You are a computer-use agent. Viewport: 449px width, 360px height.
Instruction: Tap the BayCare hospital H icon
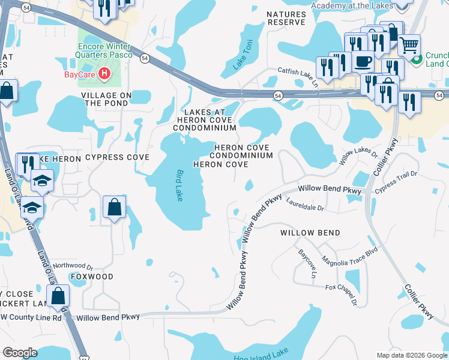[105, 74]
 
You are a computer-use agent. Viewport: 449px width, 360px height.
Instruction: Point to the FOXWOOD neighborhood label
[91, 277]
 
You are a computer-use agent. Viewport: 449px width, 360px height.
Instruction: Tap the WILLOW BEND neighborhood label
[310, 232]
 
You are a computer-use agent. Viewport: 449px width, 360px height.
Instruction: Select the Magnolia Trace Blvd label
[350, 255]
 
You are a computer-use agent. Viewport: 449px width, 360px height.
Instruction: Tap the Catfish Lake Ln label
[298, 75]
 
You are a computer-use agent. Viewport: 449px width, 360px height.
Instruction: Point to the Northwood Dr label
[73, 265]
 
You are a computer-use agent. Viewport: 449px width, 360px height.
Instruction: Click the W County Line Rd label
[31, 317]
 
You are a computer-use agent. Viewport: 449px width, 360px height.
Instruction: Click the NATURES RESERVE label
[286, 17]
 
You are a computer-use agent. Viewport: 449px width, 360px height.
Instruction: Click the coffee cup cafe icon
[363, 61]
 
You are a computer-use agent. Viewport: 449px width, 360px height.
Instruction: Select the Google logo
[20, 353]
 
